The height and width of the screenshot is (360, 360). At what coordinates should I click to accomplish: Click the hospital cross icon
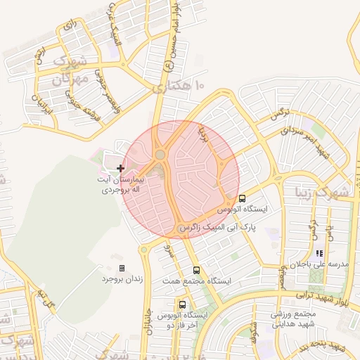click(x=121, y=168)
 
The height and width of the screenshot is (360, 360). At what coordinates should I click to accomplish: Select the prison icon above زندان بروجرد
click(x=122, y=268)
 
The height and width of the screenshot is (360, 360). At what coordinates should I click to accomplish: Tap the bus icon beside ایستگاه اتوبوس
click(x=243, y=198)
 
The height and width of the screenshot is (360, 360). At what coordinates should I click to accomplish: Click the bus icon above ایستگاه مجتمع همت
click(x=196, y=270)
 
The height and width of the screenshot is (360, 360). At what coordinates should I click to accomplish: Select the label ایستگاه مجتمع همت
click(x=205, y=281)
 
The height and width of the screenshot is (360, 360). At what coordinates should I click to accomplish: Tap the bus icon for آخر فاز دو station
click(x=183, y=304)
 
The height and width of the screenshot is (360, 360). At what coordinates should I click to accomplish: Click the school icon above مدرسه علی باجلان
click(x=319, y=253)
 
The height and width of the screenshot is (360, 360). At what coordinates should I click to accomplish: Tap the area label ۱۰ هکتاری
click(x=178, y=86)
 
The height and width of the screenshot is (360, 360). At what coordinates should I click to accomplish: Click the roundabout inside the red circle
click(x=160, y=155)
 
